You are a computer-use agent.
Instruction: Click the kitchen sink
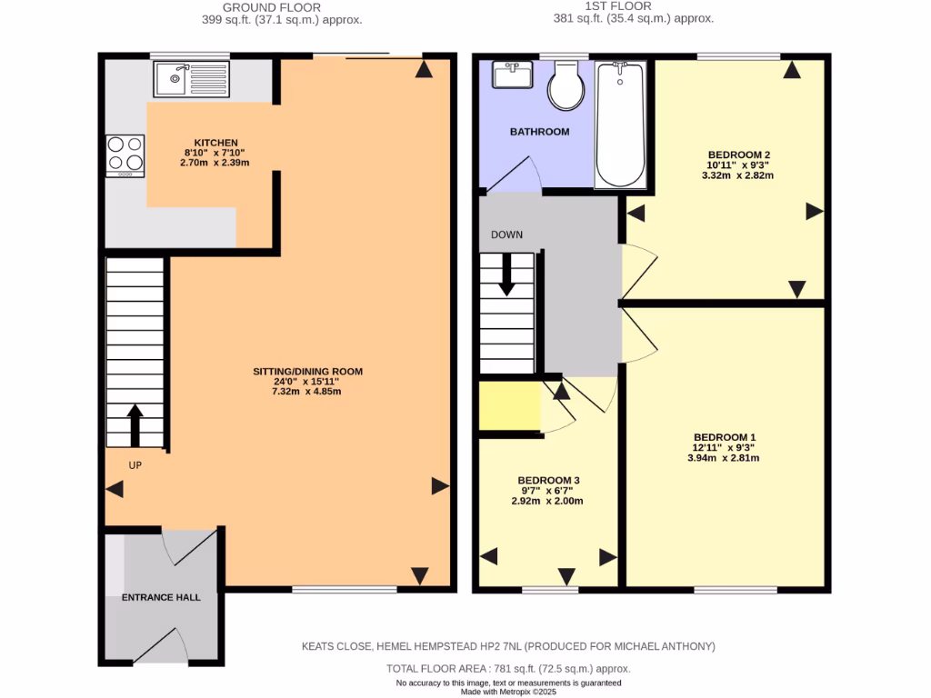click(x=191, y=79)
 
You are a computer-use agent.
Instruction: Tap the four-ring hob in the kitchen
click(x=125, y=155)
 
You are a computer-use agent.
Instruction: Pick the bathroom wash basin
click(x=514, y=75)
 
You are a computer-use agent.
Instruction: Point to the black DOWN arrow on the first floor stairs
click(x=506, y=274)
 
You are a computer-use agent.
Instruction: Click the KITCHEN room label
click(x=211, y=143)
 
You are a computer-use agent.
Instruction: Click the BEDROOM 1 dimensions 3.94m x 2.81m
click(x=723, y=458)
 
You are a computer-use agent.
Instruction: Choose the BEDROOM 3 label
click(x=548, y=480)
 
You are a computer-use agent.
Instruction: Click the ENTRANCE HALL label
click(x=161, y=597)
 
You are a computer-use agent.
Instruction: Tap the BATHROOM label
click(x=539, y=132)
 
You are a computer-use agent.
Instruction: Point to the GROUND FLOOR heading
click(x=259, y=6)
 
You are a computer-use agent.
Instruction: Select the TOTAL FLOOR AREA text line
click(x=508, y=669)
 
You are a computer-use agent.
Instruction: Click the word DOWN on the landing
click(x=506, y=234)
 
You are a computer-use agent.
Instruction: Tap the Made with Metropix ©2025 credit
click(x=508, y=692)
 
